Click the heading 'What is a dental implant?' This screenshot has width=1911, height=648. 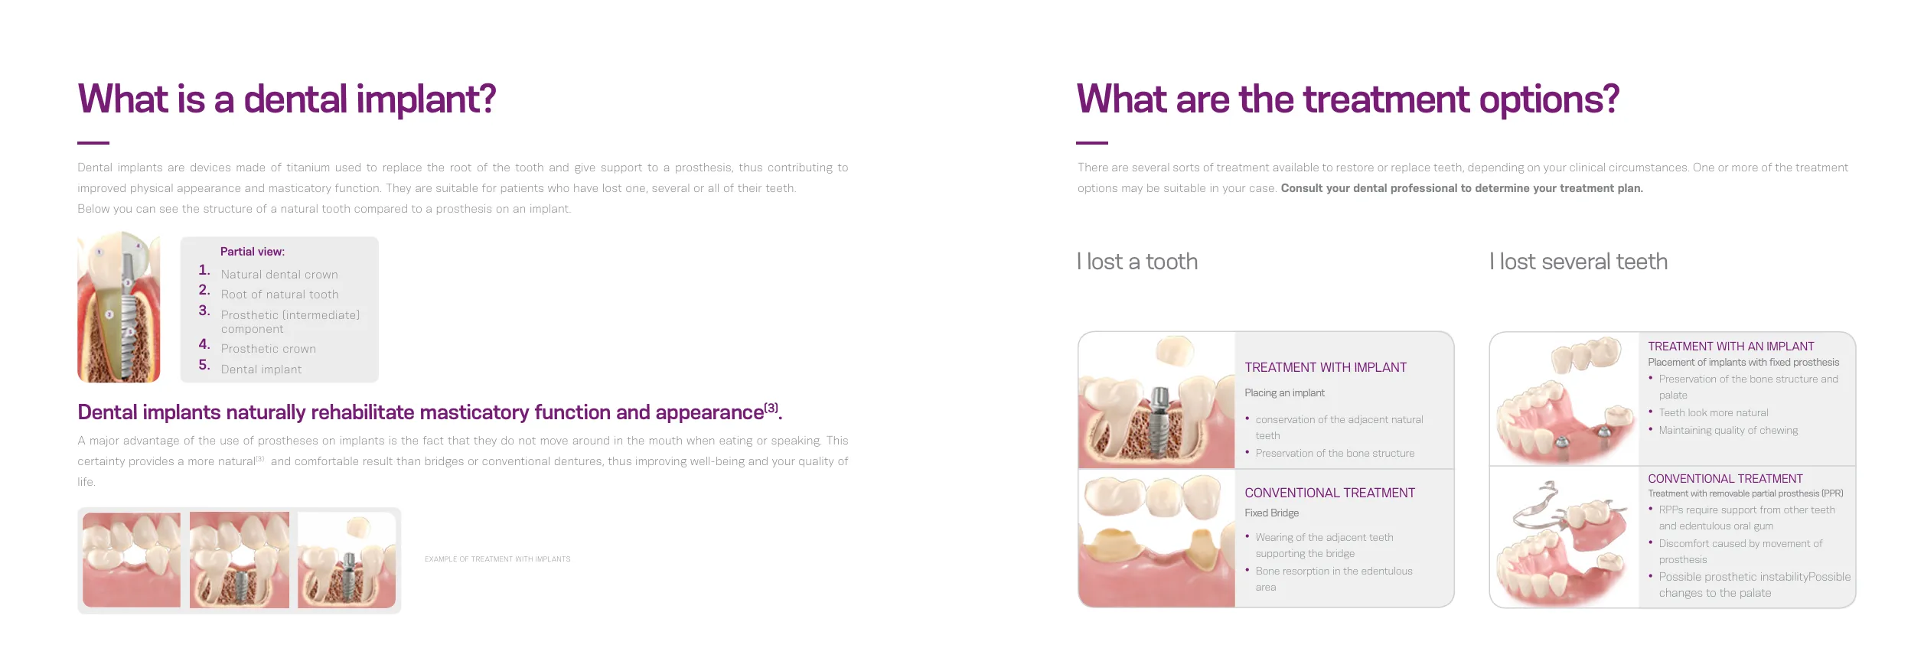pos(287,100)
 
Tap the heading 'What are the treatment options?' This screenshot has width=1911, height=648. pos(1348,100)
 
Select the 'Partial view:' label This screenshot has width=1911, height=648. pos(253,252)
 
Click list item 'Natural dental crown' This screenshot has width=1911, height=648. pos(279,275)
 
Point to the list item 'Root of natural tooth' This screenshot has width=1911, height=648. pos(279,295)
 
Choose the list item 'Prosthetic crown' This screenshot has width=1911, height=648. pos(269,349)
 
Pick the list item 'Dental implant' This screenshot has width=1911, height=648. pos(261,370)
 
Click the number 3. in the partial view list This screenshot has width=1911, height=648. pos(204,311)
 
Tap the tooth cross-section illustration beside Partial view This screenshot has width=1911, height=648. pos(119,307)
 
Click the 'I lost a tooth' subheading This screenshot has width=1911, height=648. pos(1137,262)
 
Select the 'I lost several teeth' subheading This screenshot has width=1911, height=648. pos(1578,262)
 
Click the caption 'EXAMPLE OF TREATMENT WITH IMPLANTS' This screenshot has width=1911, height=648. pos(497,559)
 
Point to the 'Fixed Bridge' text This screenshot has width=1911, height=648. pos(1271,513)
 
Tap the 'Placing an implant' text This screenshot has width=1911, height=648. pos(1284,393)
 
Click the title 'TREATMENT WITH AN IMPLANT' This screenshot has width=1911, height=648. pos(1730,347)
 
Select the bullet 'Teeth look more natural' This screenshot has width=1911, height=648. pos(1714,413)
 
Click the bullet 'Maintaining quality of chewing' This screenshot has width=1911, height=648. pos(1728,431)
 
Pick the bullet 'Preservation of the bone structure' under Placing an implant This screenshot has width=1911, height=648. pos(1335,454)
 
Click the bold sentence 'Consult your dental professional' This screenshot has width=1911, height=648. pos(1462,188)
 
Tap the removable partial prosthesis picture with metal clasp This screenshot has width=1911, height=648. pos(1564,539)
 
